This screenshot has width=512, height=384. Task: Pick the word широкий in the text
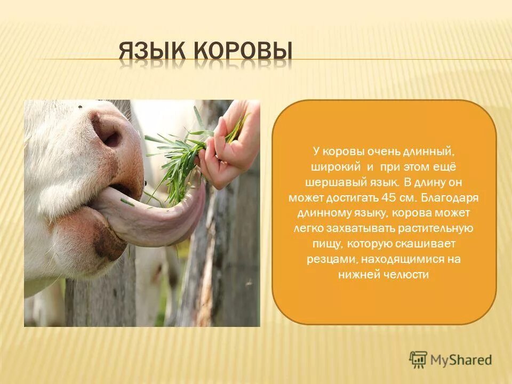(335, 167)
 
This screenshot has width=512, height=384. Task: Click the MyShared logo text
(461, 360)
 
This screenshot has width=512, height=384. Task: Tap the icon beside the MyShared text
(418, 359)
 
